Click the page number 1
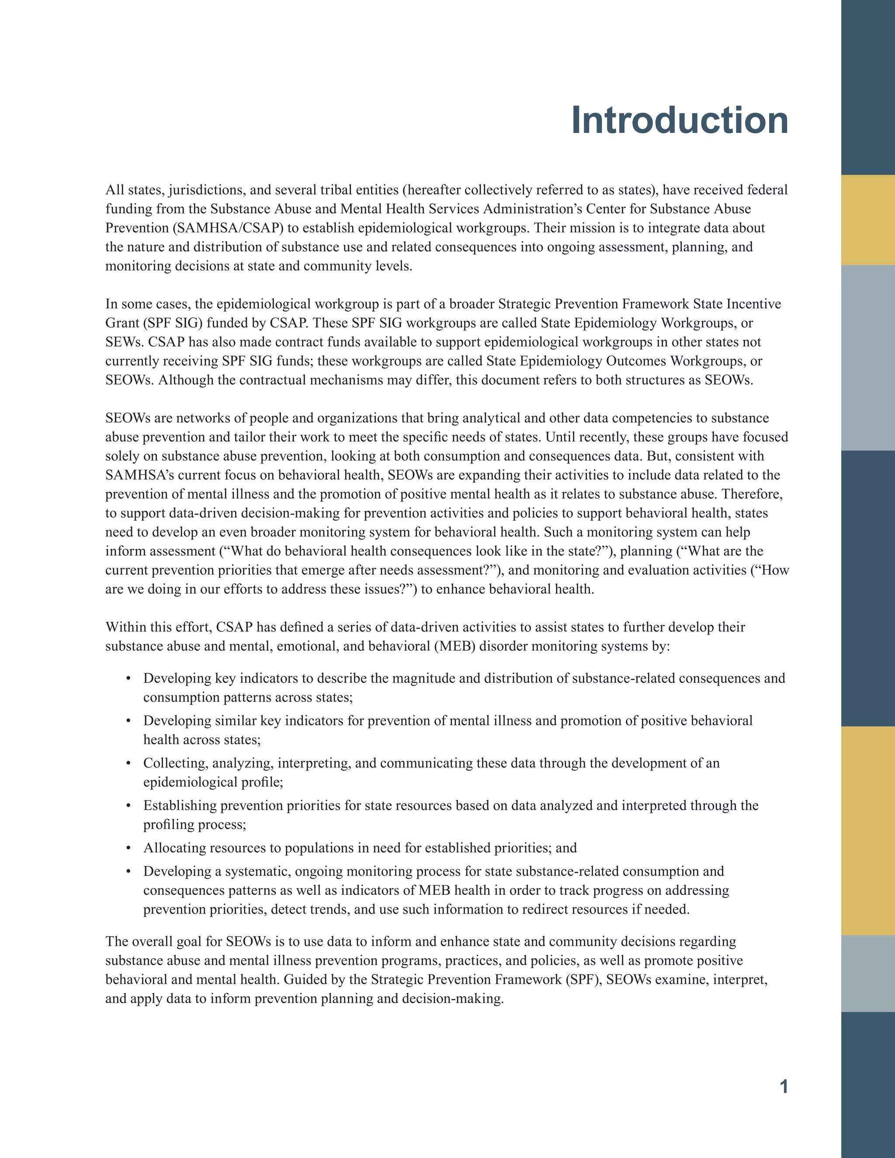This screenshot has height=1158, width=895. tap(783, 1086)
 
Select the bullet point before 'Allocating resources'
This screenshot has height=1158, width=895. tap(128, 848)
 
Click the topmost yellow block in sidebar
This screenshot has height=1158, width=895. tap(867, 220)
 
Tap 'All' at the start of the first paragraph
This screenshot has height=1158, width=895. tap(114, 190)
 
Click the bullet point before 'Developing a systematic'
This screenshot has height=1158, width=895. tap(128, 871)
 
